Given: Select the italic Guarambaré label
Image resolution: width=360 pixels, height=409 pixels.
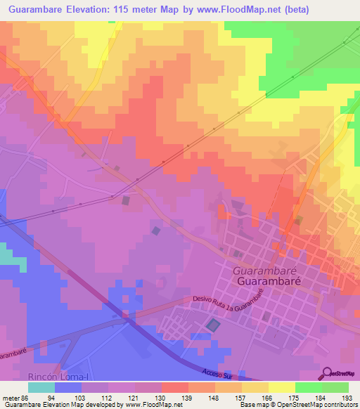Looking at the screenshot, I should (261, 269).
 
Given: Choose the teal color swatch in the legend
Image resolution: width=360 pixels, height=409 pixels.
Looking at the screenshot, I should (41, 387).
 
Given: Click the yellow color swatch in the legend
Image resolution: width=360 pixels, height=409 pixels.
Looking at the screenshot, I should (281, 387).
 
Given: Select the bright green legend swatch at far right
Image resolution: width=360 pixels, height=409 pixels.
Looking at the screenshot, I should (335, 387).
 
